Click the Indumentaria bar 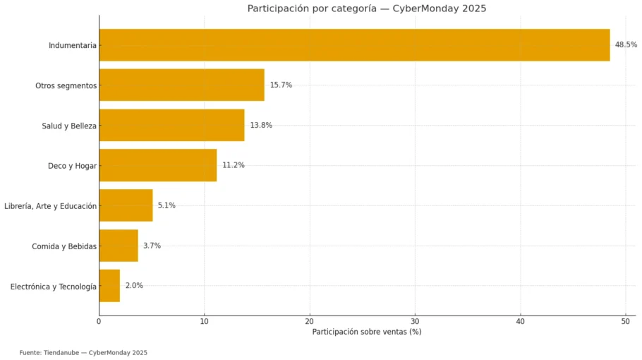[x=354, y=45]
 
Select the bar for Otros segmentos [x=181, y=85]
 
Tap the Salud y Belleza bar [x=171, y=125]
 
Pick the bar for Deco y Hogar [x=157, y=165]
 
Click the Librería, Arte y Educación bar [x=126, y=205]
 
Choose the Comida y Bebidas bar [x=119, y=246]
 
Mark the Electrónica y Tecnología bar [x=109, y=286]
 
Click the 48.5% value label [x=626, y=44]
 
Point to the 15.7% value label [x=281, y=85]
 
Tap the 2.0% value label [x=134, y=286]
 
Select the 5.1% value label [x=166, y=205]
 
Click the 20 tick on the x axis [x=310, y=322]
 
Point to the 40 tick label [x=521, y=322]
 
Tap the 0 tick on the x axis [x=99, y=322]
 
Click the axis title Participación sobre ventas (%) [x=366, y=332]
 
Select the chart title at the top [x=366, y=8]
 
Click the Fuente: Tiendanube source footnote [x=83, y=352]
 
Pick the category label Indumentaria [x=72, y=46]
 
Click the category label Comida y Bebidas [x=64, y=246]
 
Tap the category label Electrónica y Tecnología [x=54, y=287]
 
